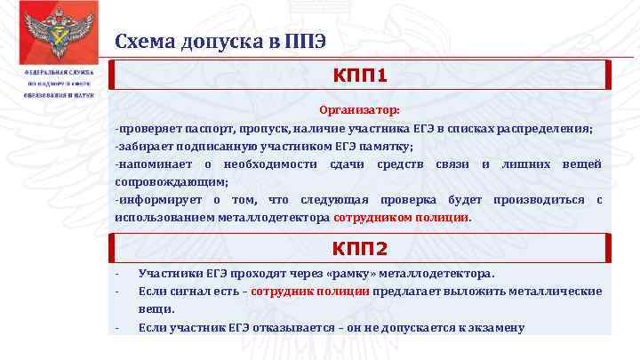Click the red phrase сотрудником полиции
pos(401,217)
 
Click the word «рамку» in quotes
pos(353,274)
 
